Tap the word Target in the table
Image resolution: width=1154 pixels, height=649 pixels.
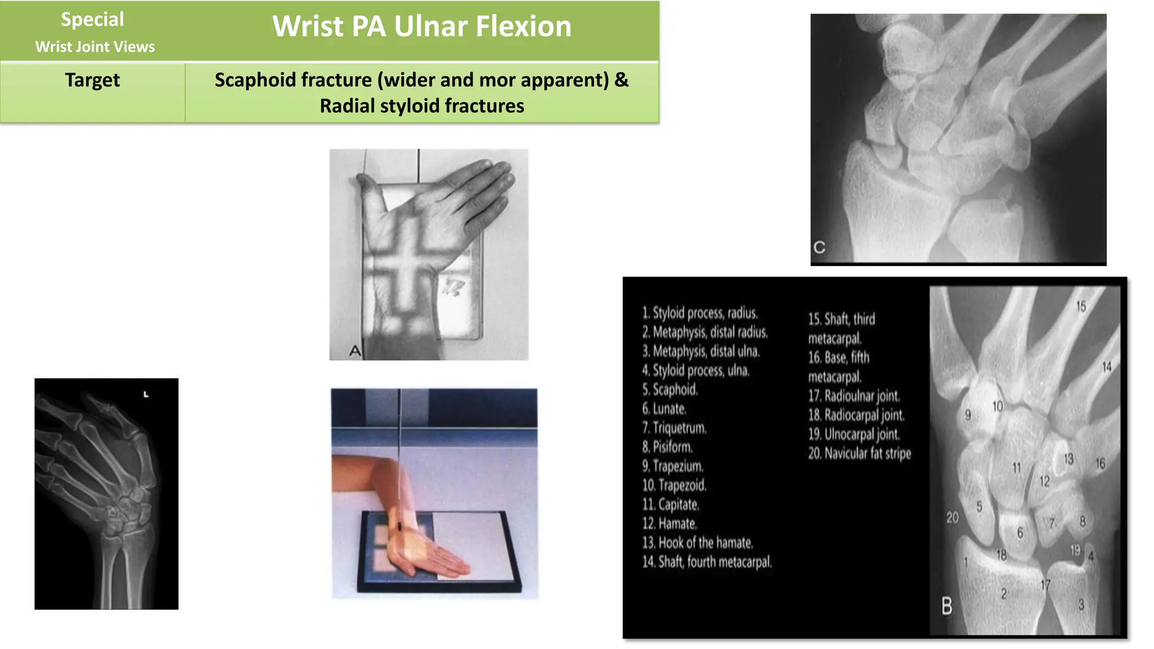tap(92, 80)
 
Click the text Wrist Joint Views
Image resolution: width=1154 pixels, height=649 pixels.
tap(95, 47)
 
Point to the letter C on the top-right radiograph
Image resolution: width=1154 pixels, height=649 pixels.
tap(819, 247)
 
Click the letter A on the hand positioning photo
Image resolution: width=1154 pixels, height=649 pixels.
tap(354, 351)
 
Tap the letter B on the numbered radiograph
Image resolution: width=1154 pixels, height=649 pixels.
tap(947, 606)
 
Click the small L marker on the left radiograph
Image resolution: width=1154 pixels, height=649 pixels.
tap(146, 394)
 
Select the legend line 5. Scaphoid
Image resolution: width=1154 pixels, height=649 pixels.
tap(670, 389)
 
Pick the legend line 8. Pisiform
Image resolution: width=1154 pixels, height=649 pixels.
tap(668, 447)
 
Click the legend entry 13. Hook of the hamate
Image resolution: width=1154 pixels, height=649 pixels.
tap(698, 543)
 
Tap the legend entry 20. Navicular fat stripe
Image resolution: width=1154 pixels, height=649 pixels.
tap(859, 453)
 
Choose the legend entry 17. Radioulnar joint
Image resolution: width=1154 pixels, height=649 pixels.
tap(854, 395)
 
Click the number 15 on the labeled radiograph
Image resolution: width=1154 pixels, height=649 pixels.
tap(1081, 306)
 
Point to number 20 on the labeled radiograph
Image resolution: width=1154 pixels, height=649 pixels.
tap(952, 517)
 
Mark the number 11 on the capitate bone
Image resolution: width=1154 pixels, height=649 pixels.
tap(1017, 468)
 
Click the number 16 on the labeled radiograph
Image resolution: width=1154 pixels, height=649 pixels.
tap(1100, 464)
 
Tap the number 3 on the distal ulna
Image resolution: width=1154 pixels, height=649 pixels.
tap(1081, 604)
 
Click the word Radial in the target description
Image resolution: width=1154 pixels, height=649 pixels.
tap(347, 106)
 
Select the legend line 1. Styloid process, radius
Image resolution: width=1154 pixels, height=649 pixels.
tap(700, 313)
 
